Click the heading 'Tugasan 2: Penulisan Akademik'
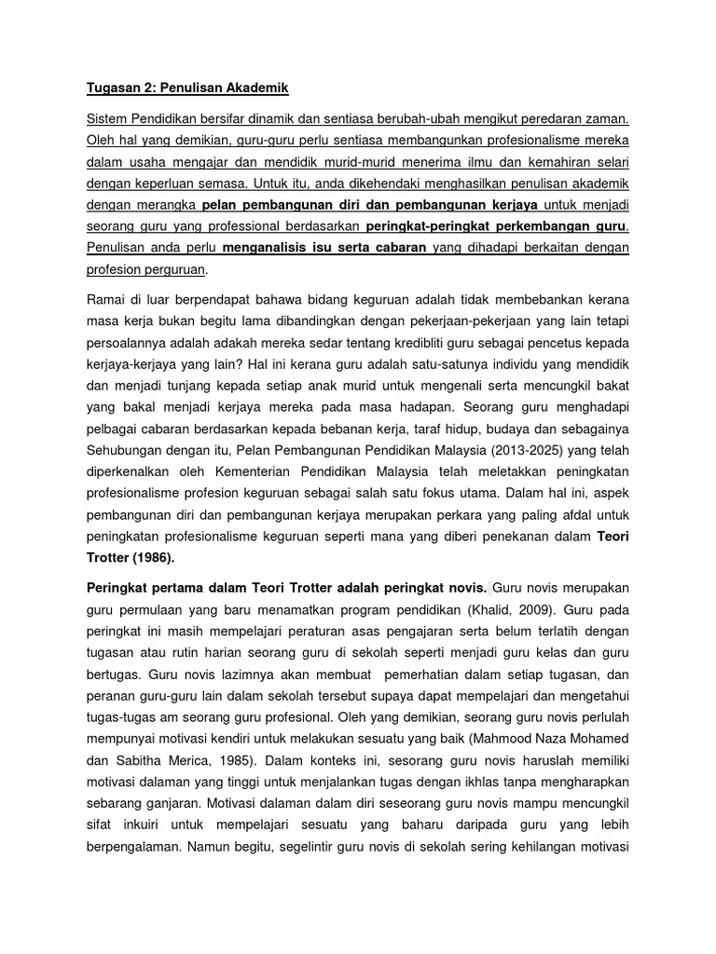click(187, 89)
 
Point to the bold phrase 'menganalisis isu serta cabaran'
click(324, 247)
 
